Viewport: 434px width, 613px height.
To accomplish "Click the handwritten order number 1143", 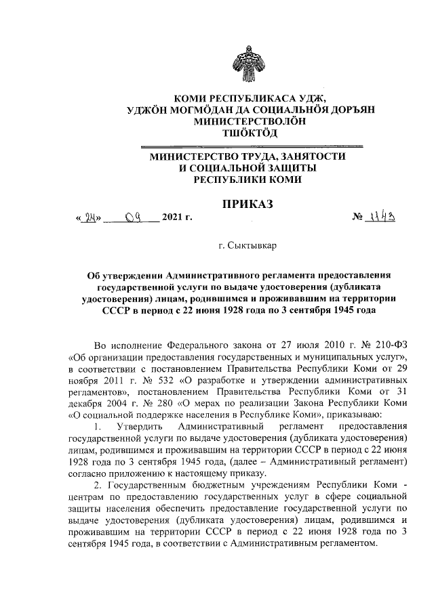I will click(384, 217).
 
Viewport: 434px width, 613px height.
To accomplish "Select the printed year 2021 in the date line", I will click(174, 218).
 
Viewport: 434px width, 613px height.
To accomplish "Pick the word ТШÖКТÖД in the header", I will click(250, 133).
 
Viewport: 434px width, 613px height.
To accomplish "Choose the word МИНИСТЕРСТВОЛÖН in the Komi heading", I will click(250, 122).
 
